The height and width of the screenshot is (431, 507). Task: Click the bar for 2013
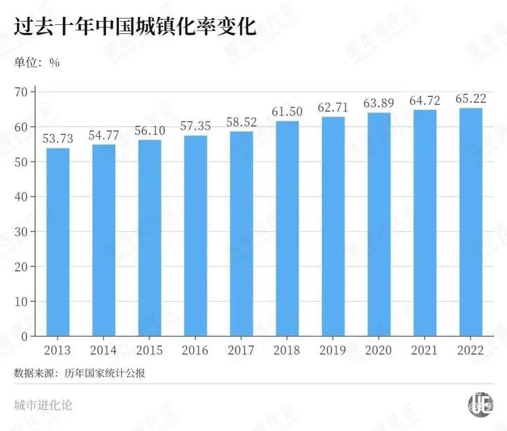point(58,242)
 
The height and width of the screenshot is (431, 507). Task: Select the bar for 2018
point(287,228)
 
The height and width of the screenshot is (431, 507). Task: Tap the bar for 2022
point(470,222)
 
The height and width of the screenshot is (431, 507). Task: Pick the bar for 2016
point(195,236)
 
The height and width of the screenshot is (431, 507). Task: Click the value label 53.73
point(57,138)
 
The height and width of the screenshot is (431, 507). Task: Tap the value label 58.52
point(241,122)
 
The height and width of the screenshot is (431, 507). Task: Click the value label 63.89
point(379,103)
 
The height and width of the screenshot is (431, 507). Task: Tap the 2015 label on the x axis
point(150,350)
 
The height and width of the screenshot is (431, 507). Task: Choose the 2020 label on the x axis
point(379,350)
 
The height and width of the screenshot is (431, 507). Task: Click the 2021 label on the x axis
point(425,350)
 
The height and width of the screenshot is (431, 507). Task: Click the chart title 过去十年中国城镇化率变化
point(134,26)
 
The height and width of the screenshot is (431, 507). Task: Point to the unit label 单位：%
point(37,63)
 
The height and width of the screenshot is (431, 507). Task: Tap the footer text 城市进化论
point(44,405)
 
